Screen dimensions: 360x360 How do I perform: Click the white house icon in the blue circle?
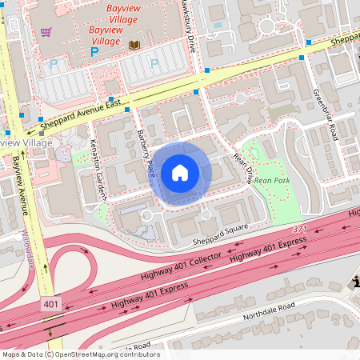click(x=180, y=172)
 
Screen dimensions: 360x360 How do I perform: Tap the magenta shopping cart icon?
click(x=46, y=33)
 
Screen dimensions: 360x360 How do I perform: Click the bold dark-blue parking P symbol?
click(x=94, y=51)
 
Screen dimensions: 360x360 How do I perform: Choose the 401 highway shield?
click(x=50, y=305)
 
